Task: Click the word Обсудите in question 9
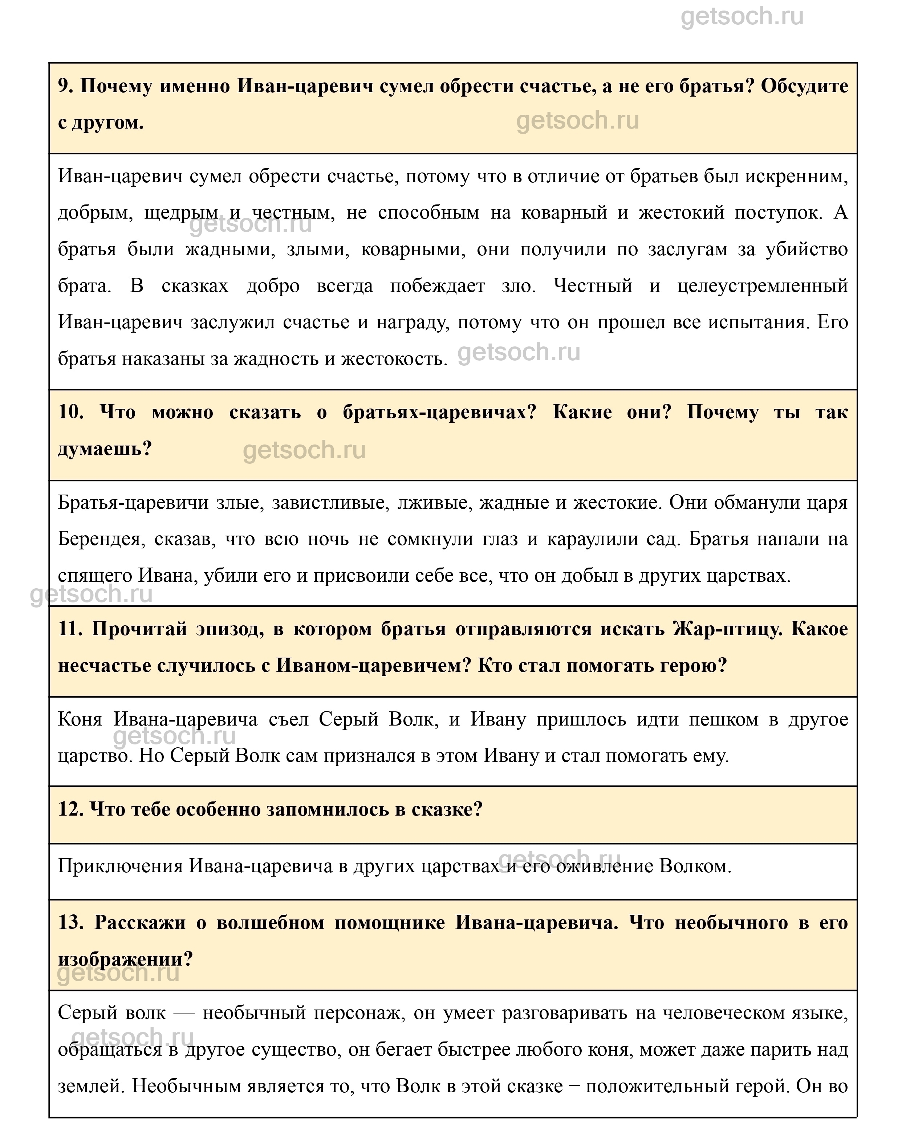pos(804,86)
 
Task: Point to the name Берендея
pos(99,539)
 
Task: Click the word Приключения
pos(120,866)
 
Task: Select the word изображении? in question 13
pos(125,959)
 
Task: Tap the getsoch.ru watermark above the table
pos(742,17)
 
